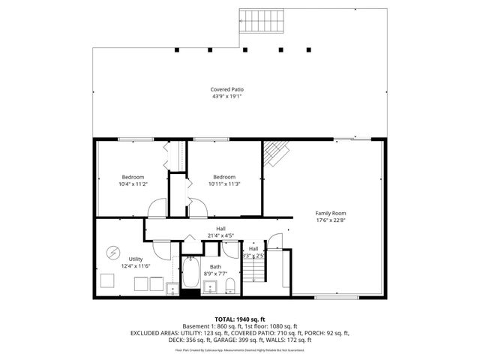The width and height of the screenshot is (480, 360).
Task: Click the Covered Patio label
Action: pyautogui.click(x=227, y=89)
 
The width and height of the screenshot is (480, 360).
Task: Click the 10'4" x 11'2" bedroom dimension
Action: pyautogui.click(x=133, y=184)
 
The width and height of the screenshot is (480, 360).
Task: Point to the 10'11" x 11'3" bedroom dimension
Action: pyautogui.click(x=224, y=184)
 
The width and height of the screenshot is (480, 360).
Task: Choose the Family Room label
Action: pyautogui.click(x=330, y=213)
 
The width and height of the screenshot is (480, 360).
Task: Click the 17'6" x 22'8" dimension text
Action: pyautogui.click(x=330, y=220)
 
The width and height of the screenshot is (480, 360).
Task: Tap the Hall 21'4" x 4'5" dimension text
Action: pyautogui.click(x=221, y=235)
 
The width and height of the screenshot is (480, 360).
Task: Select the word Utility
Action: pyautogui.click(x=135, y=259)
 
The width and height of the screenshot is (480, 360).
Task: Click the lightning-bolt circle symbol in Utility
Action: pyautogui.click(x=114, y=252)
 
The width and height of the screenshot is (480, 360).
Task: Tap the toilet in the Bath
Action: pyautogui.click(x=232, y=286)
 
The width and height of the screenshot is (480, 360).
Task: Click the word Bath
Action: pyautogui.click(x=215, y=267)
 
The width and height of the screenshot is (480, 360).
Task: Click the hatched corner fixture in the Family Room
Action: pyautogui.click(x=274, y=153)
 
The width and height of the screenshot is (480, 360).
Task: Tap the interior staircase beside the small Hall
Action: pyautogui.click(x=279, y=270)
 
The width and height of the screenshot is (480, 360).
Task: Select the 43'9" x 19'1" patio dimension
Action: pyautogui.click(x=227, y=96)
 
